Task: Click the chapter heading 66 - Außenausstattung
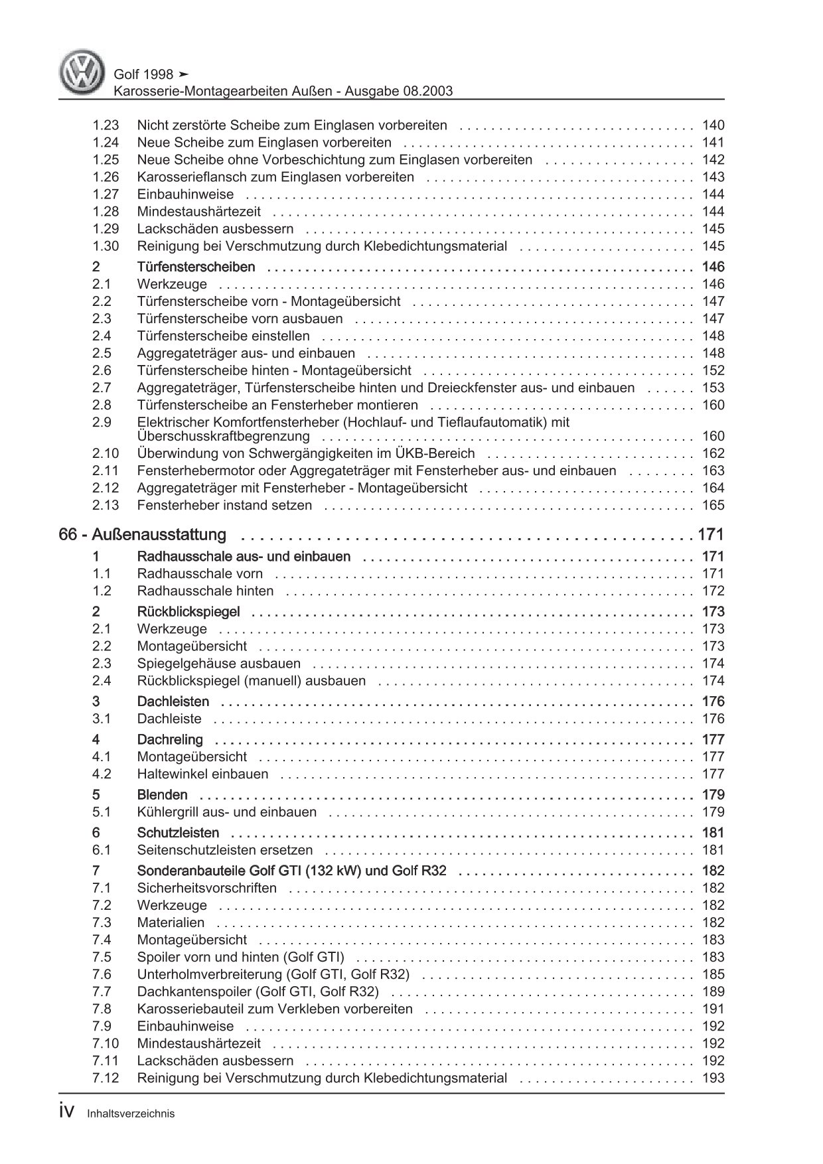click(x=142, y=534)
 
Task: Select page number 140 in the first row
click(x=713, y=125)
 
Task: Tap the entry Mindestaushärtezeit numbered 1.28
click(x=198, y=211)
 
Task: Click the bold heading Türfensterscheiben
click(x=196, y=267)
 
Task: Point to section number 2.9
click(x=102, y=422)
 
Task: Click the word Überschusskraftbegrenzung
click(x=223, y=436)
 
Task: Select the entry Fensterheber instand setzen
click(x=224, y=505)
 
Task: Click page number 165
click(x=713, y=505)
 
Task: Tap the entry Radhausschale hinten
click(x=205, y=591)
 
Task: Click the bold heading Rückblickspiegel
click(x=188, y=611)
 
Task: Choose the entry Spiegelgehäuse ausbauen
click(x=218, y=663)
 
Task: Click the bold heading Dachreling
click(x=170, y=739)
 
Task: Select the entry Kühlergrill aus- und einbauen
click(x=226, y=812)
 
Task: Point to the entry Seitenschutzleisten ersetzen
click(x=224, y=849)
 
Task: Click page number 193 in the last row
click(x=713, y=1078)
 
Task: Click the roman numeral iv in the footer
click(x=69, y=1112)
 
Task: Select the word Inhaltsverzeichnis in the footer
click(x=131, y=1114)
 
